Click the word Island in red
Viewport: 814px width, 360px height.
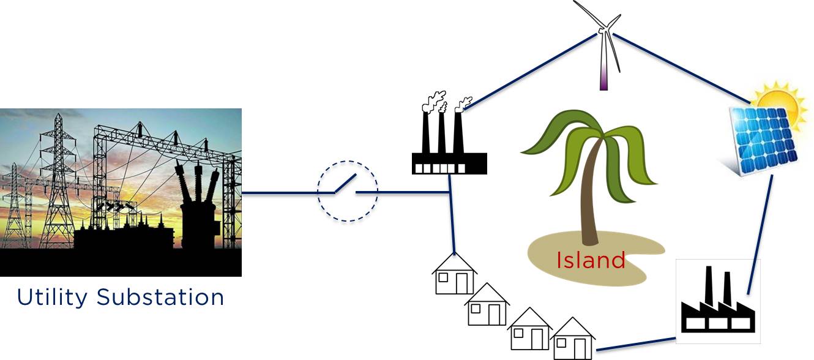(x=591, y=260)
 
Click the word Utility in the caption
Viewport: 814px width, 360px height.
(x=52, y=298)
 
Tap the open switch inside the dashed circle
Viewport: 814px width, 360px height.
(x=347, y=190)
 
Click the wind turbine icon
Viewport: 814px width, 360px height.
(x=603, y=43)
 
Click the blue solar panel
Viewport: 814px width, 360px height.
(x=765, y=139)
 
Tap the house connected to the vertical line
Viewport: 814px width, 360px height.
(x=454, y=275)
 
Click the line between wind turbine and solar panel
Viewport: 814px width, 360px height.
(x=679, y=67)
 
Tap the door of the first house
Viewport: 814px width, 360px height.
(x=461, y=283)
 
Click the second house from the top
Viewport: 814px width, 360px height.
(x=487, y=306)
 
